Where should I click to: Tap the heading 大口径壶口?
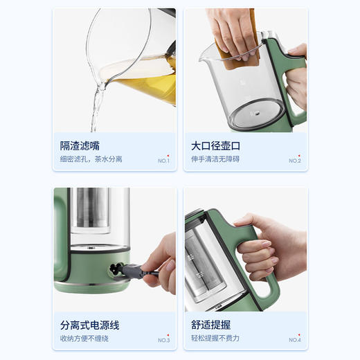click(215, 146)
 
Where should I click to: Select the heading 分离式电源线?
click(90, 325)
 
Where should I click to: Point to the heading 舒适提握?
click(211, 325)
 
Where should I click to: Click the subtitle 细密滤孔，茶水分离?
click(91, 159)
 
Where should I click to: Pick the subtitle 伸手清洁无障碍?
click(223, 159)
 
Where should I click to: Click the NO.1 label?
click(163, 161)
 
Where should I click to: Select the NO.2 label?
click(295, 161)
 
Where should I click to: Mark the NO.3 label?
click(163, 340)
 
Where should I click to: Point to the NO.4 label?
click(295, 340)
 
